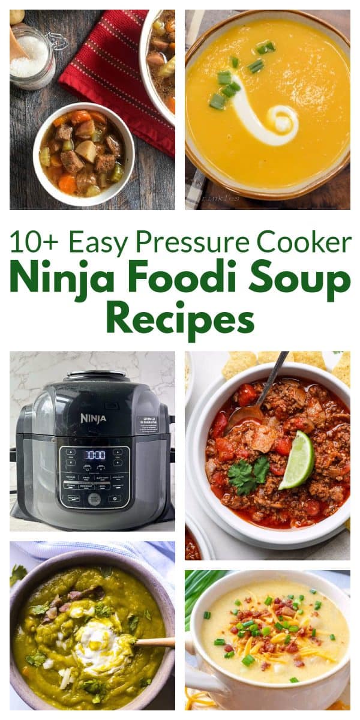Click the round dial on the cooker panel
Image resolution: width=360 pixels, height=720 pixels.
94,499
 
